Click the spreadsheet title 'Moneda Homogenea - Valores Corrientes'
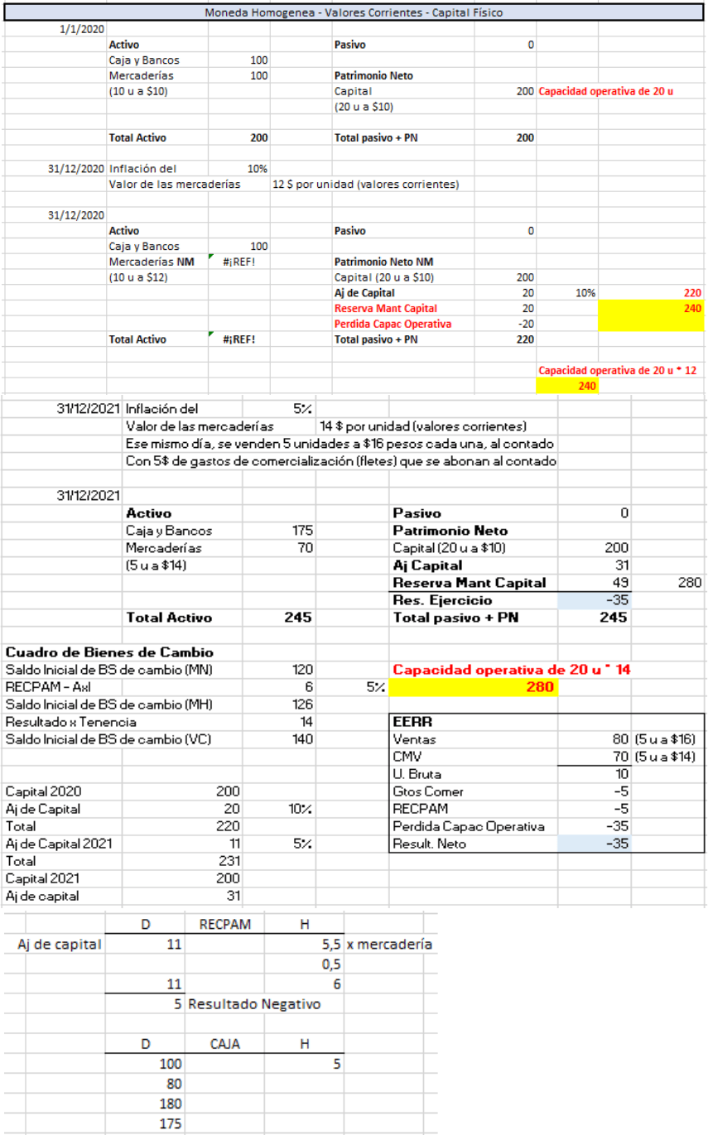click(x=354, y=12)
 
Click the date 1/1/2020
click(x=83, y=28)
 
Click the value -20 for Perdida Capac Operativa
click(x=525, y=324)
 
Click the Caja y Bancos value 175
click(x=301, y=530)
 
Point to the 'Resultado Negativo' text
click(x=254, y=1004)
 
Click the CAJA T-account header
click(x=225, y=1045)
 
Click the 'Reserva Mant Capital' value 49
click(x=618, y=583)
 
